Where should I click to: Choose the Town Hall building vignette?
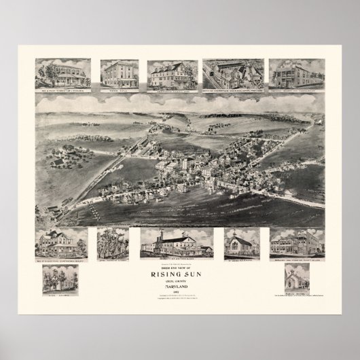(120, 71)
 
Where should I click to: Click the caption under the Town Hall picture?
(120, 86)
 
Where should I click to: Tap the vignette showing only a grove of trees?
(112, 242)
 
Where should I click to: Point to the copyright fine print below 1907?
(180, 298)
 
